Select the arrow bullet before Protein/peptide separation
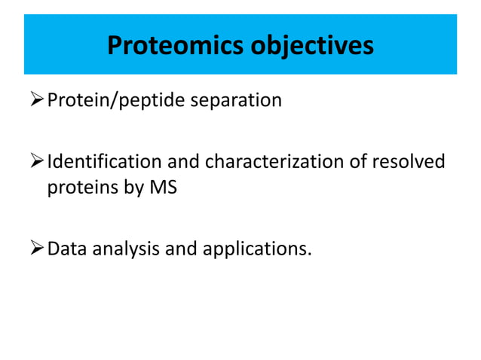pyautogui.click(x=37, y=101)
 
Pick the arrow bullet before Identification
pyautogui.click(x=37, y=162)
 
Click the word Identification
pyautogui.click(x=105, y=162)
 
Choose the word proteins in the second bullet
pyautogui.click(x=78, y=188)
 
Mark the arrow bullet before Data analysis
pyautogui.click(x=37, y=248)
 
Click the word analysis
pyautogui.click(x=126, y=248)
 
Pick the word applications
pyautogui.click(x=256, y=248)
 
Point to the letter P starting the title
pyautogui.click(x=115, y=46)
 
